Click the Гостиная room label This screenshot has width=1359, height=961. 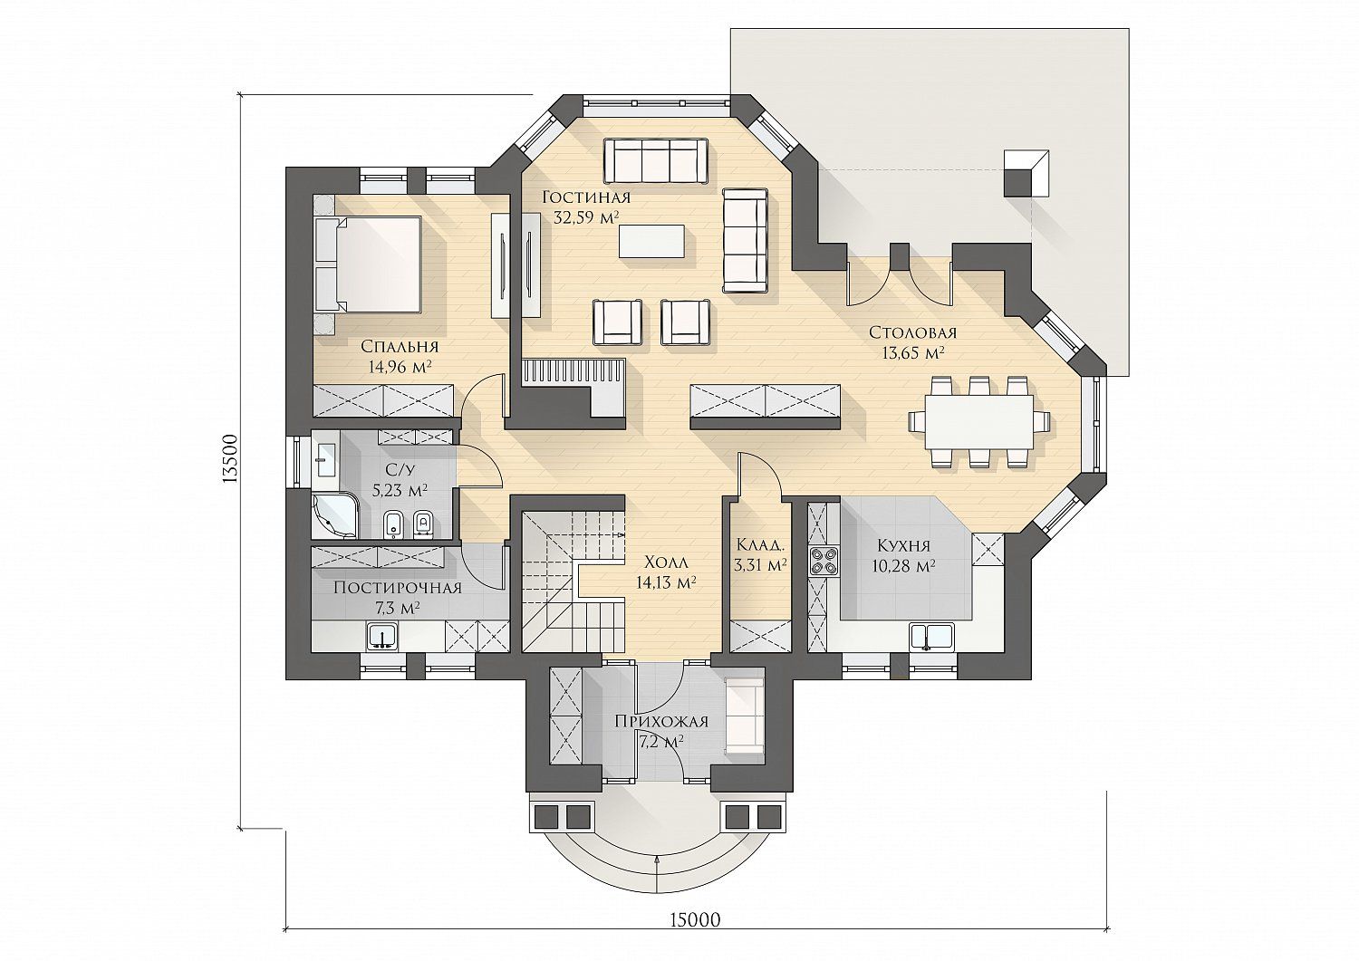pyautogui.click(x=587, y=197)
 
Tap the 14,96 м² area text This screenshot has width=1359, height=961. pyautogui.click(x=400, y=367)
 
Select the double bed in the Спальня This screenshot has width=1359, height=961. pyautogui.click(x=368, y=265)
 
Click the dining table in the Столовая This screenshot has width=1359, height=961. pyautogui.click(x=979, y=422)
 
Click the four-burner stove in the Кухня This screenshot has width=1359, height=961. pyautogui.click(x=824, y=561)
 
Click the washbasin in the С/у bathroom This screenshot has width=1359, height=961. pyautogui.click(x=326, y=459)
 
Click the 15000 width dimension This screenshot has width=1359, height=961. pyautogui.click(x=696, y=937)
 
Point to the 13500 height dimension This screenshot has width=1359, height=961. pyautogui.click(x=230, y=458)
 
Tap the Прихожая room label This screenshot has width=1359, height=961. pyautogui.click(x=661, y=722)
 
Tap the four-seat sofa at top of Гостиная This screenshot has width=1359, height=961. pyautogui.click(x=655, y=161)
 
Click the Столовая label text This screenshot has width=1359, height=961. pyautogui.click(x=912, y=333)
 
